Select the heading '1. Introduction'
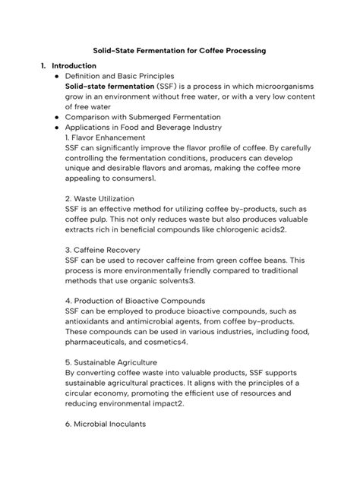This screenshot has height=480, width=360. pyautogui.click(x=69, y=66)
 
